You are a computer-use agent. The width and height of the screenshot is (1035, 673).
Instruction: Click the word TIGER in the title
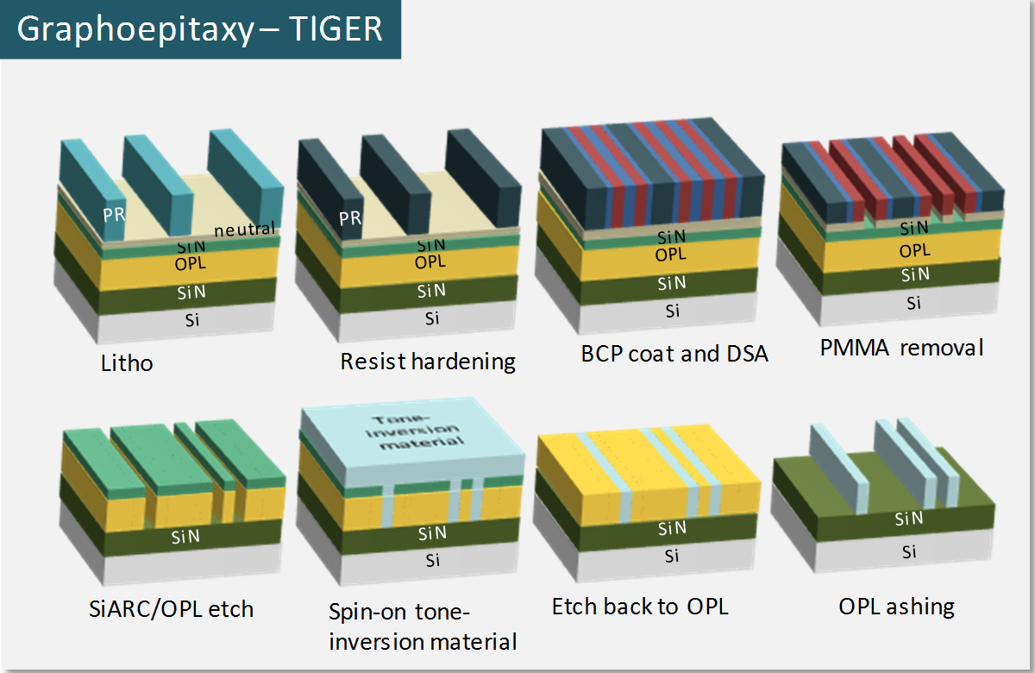pos(336,29)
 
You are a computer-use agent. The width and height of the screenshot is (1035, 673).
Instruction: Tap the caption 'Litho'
pos(127,363)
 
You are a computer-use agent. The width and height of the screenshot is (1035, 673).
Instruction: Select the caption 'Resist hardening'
pos(428,362)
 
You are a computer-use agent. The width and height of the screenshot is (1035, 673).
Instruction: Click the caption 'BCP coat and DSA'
pos(674,354)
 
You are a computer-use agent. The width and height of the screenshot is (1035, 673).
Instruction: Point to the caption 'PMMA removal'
pos(901,348)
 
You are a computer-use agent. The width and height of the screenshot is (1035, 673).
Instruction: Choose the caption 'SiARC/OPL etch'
pos(171,609)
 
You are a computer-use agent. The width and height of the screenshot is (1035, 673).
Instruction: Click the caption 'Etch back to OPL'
pos(640,607)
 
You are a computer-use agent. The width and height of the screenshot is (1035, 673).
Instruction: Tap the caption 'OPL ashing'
pos(896,607)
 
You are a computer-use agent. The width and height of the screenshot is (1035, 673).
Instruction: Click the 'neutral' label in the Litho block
pos(244,230)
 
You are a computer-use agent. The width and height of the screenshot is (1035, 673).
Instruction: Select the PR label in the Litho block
pos(114,215)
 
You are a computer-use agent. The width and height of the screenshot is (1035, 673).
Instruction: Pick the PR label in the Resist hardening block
pos(350,218)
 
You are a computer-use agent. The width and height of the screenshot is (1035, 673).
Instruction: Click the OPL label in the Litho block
pos(191,264)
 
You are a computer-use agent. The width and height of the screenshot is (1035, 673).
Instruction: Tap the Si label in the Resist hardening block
pos(432,318)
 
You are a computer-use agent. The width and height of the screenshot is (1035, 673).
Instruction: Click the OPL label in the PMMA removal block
pos(915,250)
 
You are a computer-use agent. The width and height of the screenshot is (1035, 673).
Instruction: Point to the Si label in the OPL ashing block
pos(909,552)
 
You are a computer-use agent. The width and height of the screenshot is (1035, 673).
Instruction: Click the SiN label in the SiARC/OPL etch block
pos(185,537)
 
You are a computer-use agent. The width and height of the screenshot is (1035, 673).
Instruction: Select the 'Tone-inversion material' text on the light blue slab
pos(415,432)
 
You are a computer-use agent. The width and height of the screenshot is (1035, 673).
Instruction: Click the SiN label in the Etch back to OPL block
pos(672,528)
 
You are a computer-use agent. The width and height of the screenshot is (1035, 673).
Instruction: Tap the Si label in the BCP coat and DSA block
pos(672,311)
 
